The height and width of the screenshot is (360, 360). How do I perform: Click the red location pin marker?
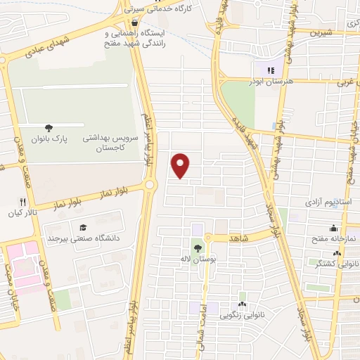181,165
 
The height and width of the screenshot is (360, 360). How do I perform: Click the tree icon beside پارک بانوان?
49,127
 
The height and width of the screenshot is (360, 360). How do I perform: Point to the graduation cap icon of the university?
83,228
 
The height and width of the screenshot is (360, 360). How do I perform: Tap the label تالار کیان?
21,212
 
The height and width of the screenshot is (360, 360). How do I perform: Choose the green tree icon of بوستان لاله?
198,247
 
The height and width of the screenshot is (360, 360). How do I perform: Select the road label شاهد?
240,239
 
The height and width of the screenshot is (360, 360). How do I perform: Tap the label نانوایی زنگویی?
243,316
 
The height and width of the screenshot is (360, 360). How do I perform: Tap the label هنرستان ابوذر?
270,82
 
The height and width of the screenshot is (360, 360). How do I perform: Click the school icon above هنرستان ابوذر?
270,70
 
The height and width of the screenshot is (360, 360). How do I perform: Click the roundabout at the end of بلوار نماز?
150,185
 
